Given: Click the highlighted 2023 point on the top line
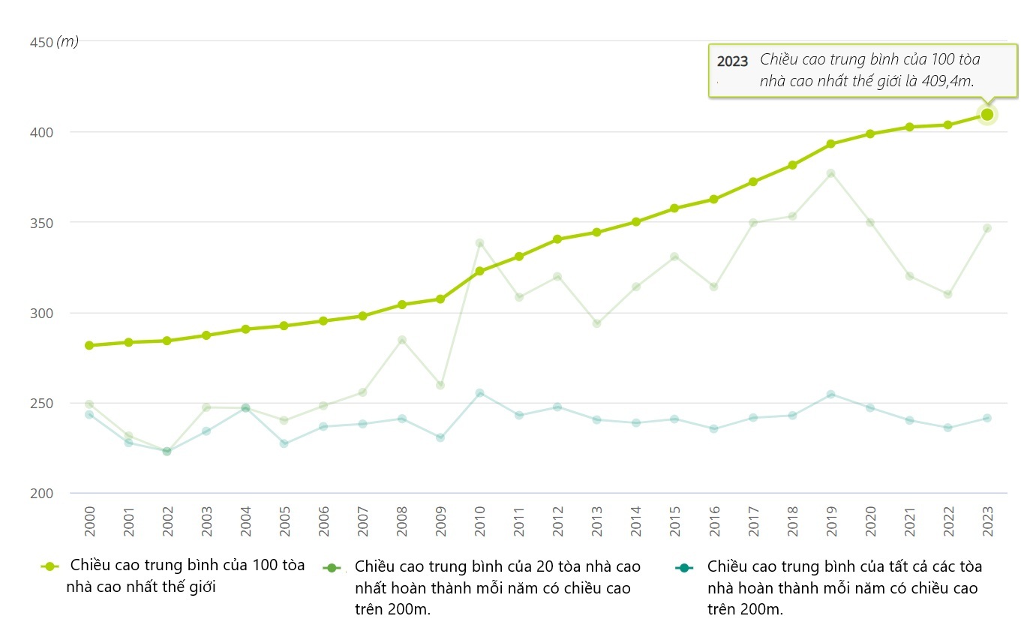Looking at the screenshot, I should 987,115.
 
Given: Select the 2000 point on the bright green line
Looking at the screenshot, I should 89,346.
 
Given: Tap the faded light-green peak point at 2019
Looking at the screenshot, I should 830,173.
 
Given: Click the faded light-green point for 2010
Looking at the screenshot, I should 479,243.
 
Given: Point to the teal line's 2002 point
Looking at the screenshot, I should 167,452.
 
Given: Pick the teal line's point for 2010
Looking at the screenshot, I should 479,393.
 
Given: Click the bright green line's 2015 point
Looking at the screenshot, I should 674,209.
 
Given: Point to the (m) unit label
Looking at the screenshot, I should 68,42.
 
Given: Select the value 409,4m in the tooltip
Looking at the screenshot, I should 947,81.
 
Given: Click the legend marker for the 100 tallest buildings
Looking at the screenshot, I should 50,567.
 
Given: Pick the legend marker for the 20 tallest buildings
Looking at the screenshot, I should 332,567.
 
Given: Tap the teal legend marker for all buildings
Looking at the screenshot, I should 683,567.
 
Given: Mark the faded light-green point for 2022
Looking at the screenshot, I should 947,294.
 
